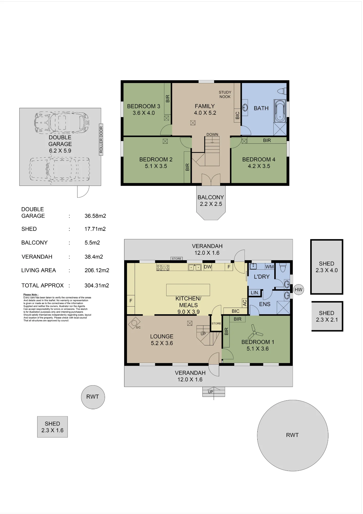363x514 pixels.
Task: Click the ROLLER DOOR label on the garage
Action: [101, 140]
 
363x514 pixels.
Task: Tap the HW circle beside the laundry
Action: [298, 290]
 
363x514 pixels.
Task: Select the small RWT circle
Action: [93, 397]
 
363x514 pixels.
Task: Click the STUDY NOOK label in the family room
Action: [225, 95]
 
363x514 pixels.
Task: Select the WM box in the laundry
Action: [269, 267]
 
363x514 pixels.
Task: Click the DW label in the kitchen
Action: [208, 267]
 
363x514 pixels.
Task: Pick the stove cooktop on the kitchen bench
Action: [163, 268]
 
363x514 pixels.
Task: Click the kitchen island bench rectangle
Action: [188, 290]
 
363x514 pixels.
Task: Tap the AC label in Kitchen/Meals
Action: [244, 303]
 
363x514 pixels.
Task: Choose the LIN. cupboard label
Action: [255, 293]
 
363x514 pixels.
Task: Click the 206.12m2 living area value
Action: [97, 270]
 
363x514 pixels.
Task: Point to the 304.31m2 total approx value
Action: [97, 286]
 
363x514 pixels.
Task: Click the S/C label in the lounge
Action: [138, 327]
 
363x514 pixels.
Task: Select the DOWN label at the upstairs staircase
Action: [212, 134]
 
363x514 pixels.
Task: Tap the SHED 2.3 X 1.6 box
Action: [53, 427]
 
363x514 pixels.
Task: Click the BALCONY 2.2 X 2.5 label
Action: [211, 201]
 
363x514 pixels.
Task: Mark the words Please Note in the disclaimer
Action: [31, 295]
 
